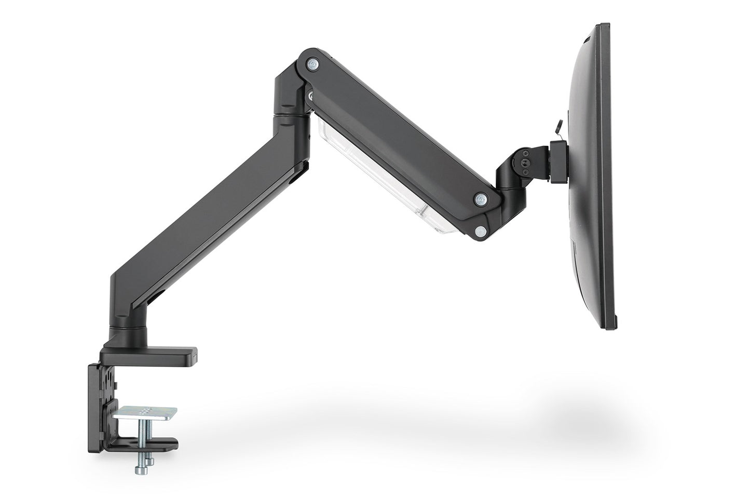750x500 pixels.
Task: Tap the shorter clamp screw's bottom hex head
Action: (151, 461)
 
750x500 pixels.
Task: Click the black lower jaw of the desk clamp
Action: (151, 444)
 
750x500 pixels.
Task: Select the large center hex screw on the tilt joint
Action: (525, 162)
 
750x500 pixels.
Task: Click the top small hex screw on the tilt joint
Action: (525, 154)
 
